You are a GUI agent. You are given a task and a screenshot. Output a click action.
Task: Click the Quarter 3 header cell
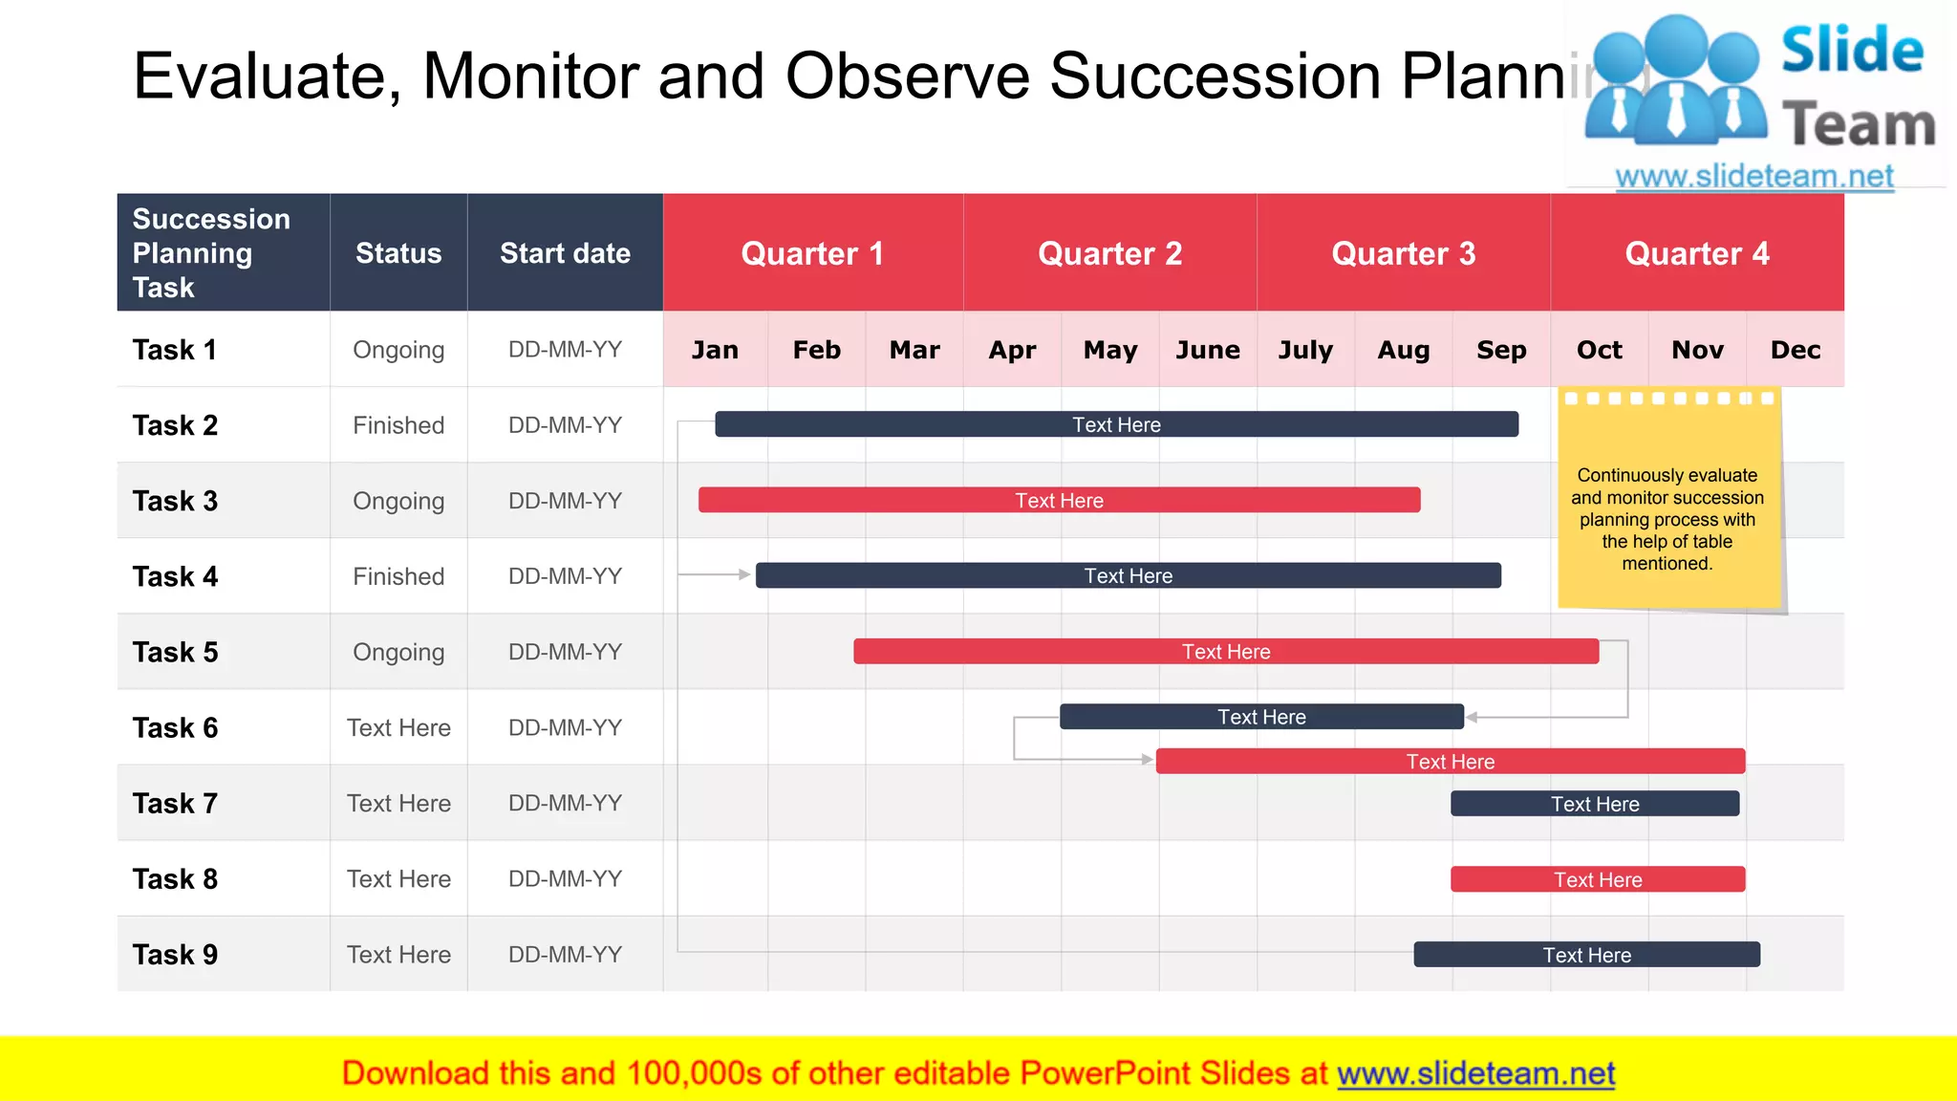click(1403, 253)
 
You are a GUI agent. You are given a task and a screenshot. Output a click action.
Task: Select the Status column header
click(398, 253)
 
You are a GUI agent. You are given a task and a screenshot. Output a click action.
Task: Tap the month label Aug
click(1403, 350)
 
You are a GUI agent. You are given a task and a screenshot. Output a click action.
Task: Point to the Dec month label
click(1795, 350)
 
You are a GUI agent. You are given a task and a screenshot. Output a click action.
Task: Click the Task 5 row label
click(176, 652)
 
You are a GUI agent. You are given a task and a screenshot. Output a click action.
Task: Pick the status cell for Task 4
click(398, 576)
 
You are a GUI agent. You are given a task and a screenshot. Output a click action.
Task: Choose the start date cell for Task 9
click(565, 954)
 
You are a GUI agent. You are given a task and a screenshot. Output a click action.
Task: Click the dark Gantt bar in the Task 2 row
click(1116, 424)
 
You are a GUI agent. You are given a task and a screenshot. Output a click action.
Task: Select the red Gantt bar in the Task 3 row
click(1059, 500)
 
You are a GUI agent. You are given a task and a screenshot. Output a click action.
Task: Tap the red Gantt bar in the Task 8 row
click(1598, 879)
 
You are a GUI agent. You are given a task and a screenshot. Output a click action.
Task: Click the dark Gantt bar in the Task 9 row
click(1586, 955)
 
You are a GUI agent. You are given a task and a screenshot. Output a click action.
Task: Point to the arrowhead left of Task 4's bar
click(744, 574)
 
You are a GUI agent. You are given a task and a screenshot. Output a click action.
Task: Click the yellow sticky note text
click(1667, 519)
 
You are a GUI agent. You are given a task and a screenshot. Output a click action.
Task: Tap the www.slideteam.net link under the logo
click(1753, 177)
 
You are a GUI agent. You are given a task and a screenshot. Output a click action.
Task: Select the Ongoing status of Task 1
click(398, 350)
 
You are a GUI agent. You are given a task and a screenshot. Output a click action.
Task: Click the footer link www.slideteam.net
click(1475, 1073)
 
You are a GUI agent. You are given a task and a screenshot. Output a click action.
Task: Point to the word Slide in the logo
click(1851, 50)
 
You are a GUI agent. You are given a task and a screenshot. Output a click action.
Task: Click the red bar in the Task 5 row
click(1226, 652)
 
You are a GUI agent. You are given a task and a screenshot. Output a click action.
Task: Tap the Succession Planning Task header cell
click(212, 253)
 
